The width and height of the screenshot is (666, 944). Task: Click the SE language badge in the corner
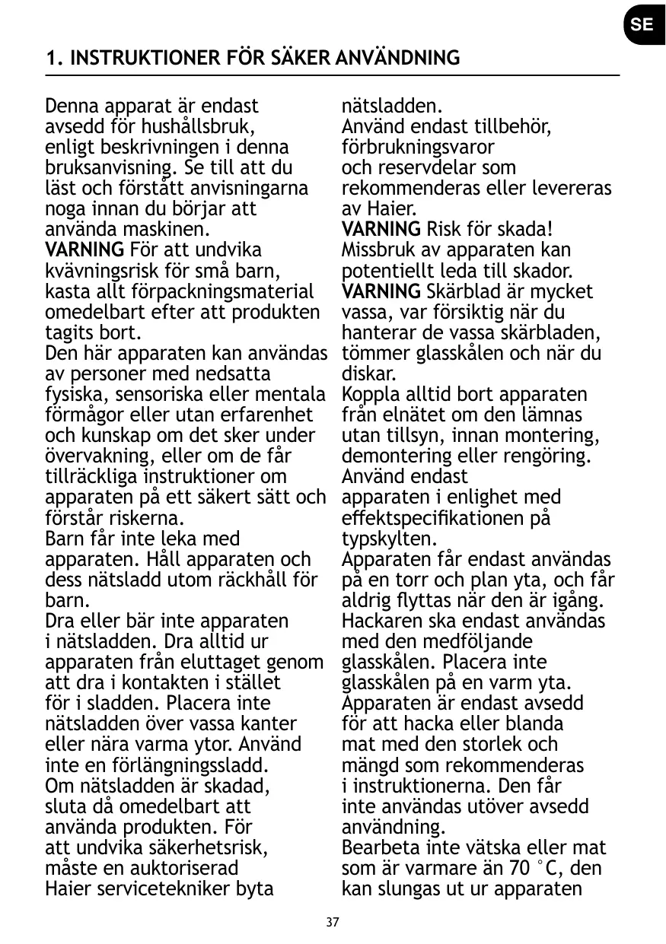(x=641, y=24)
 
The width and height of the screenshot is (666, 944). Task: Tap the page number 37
(x=333, y=923)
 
